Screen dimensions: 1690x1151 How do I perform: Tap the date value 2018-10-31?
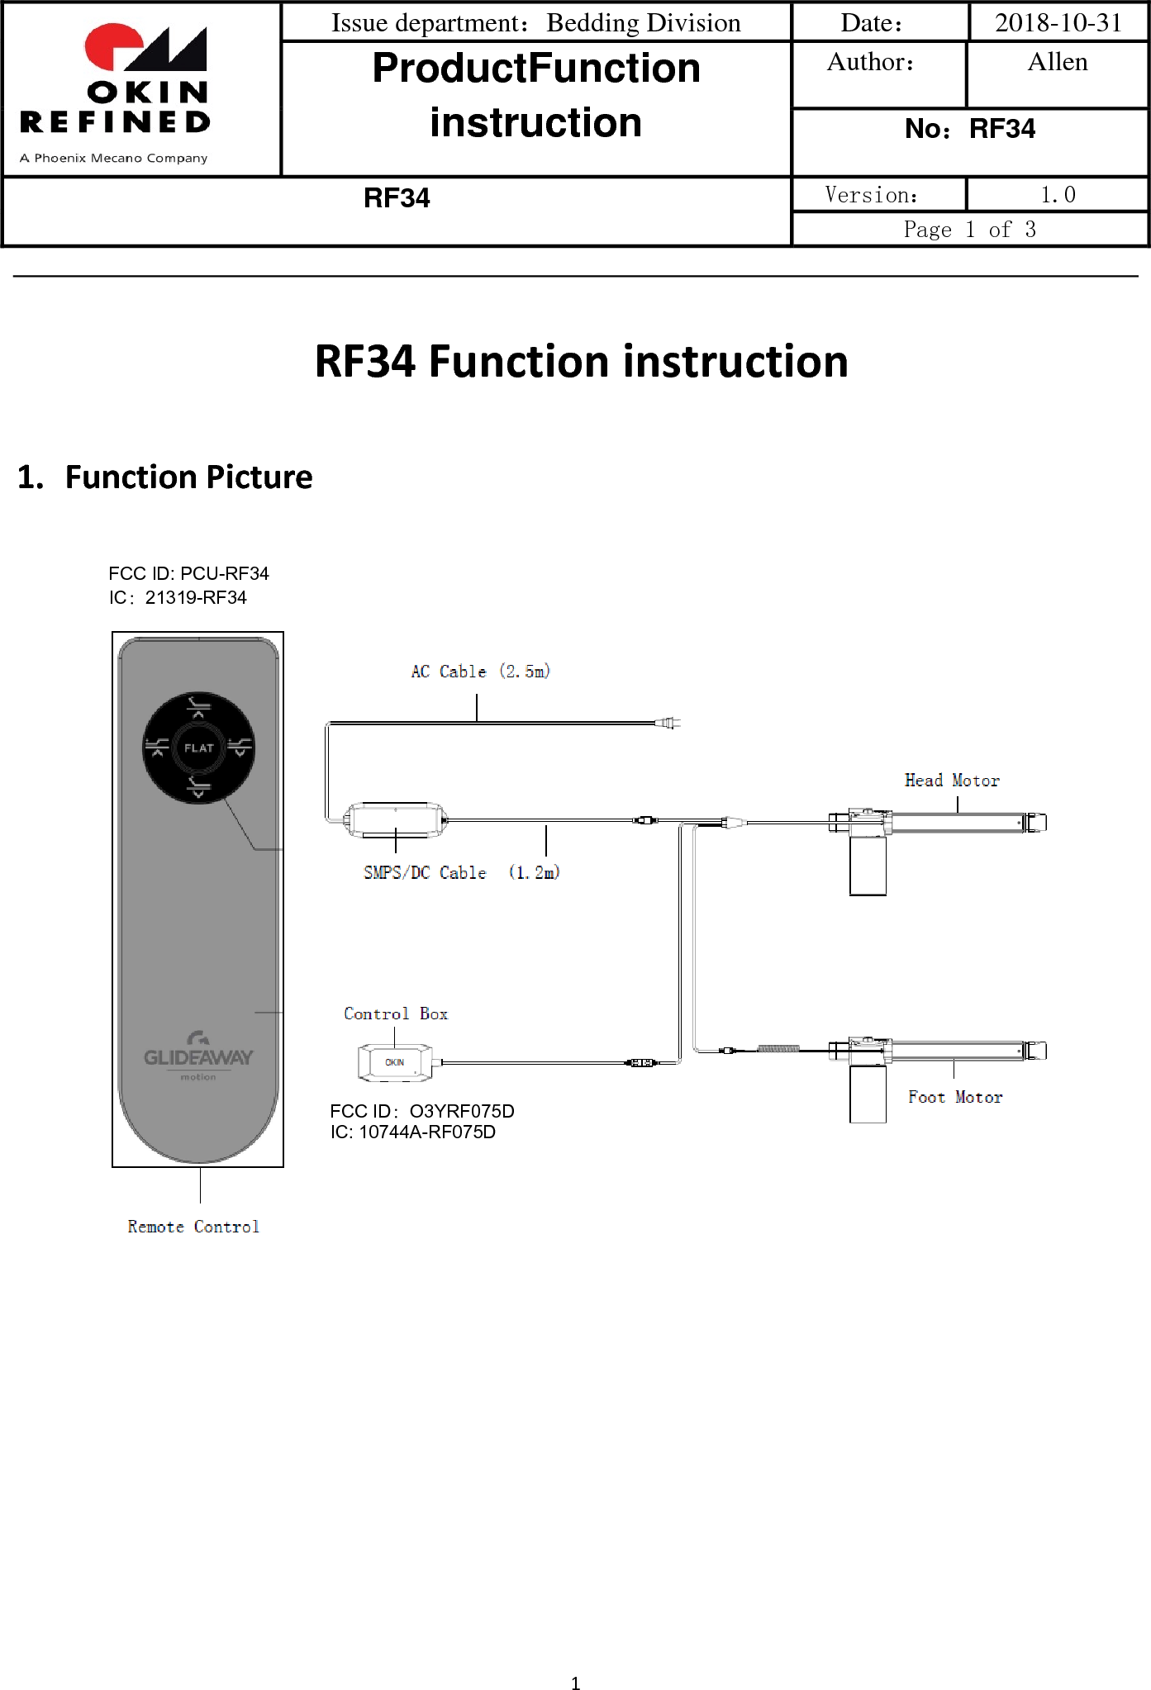coord(1058,22)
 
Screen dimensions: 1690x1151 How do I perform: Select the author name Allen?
coord(1057,63)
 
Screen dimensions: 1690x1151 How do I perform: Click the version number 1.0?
coord(1058,195)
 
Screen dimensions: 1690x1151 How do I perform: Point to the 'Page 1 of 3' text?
coord(969,230)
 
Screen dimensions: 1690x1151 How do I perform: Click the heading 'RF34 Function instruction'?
coord(581,362)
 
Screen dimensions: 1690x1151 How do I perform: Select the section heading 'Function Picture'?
coord(188,477)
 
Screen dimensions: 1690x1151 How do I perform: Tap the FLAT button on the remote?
coord(198,748)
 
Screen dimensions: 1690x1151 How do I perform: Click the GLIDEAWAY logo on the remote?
coord(198,1056)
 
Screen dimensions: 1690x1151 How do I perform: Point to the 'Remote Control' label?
coord(193,1227)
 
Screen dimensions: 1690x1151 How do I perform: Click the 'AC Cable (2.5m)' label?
coord(481,672)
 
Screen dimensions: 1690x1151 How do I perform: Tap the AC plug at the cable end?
coord(669,724)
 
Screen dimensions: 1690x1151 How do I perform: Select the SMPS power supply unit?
coord(396,819)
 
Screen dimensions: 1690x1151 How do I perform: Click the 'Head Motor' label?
coord(952,781)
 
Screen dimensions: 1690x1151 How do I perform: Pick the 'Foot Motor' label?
coord(955,1098)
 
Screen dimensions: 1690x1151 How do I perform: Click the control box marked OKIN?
coord(395,1063)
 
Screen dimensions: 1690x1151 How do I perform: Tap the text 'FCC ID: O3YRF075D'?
coord(422,1111)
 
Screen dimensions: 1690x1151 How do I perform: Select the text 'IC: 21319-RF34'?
coord(178,598)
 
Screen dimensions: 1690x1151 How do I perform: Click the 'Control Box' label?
coord(396,1014)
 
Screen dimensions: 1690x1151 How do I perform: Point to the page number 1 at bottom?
coord(575,1683)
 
